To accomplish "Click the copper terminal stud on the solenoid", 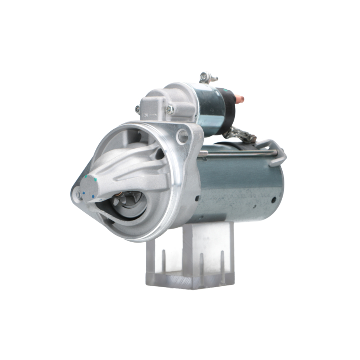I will (238, 98).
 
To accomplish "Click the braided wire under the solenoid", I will (240, 135).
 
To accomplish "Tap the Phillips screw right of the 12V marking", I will (170, 109).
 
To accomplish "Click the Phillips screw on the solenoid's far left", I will (138, 108).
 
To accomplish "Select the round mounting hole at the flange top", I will (183, 136).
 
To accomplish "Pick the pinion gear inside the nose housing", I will (124, 200).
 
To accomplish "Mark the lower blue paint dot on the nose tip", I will (93, 197).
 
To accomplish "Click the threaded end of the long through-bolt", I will (203, 154).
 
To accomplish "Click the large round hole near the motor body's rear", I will (274, 199).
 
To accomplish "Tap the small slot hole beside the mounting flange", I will (198, 198).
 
